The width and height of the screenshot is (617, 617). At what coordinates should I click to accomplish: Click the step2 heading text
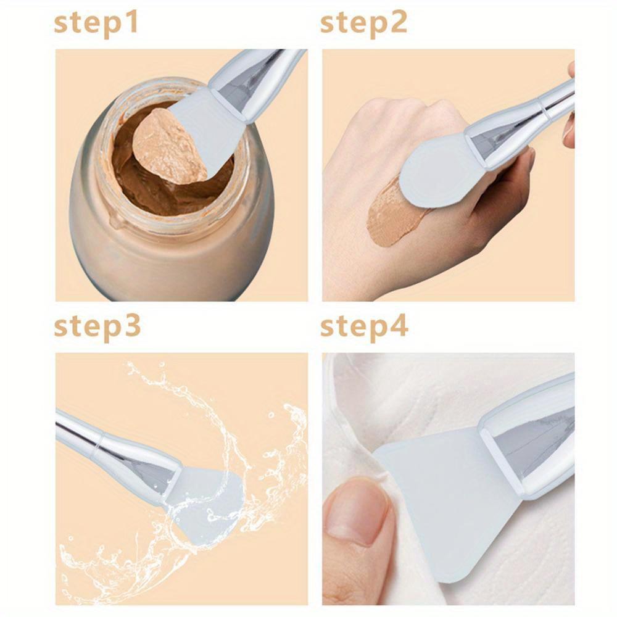(363, 23)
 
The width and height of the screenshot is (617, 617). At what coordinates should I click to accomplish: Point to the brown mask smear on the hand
(389, 213)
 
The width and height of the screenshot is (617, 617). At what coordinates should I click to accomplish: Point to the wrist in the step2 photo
(346, 271)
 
